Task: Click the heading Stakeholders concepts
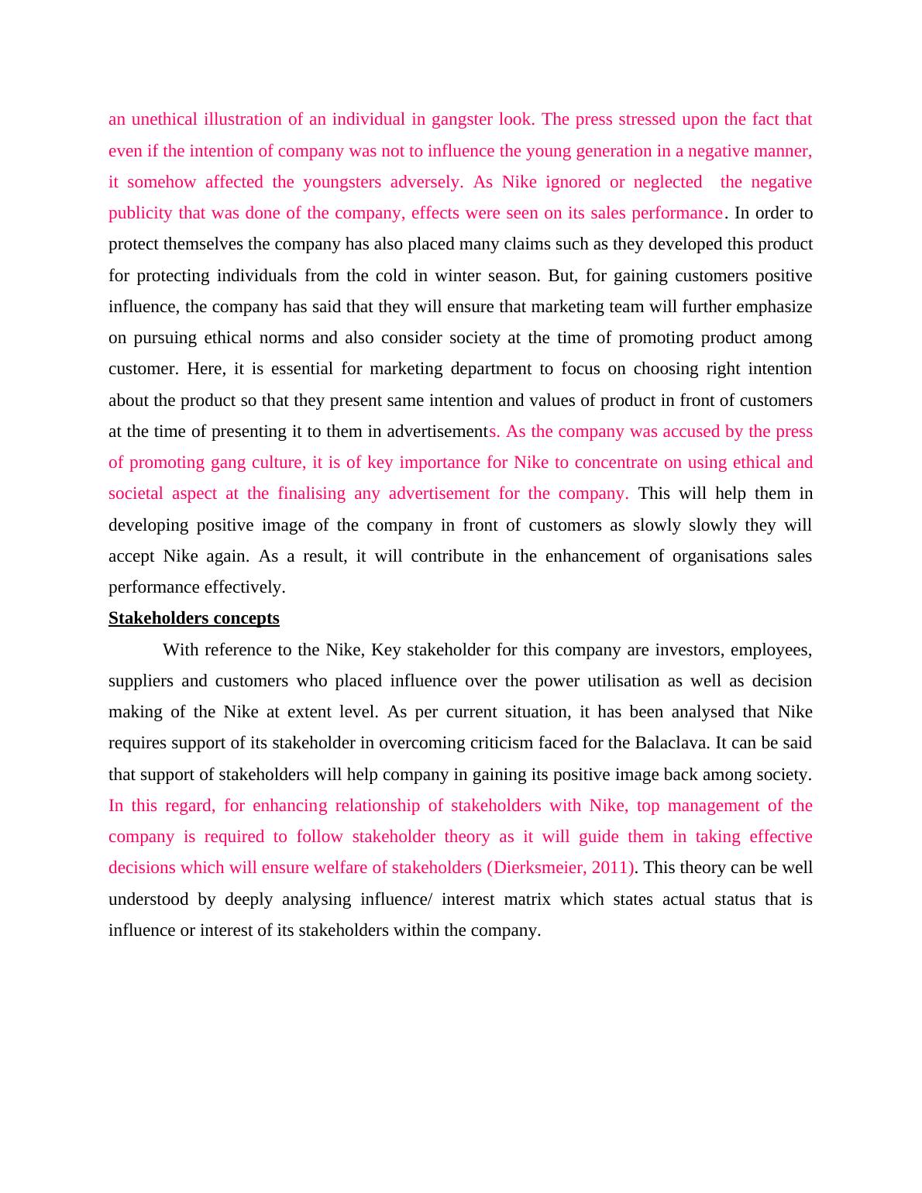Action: coord(194,618)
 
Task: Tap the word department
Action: coord(494,369)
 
